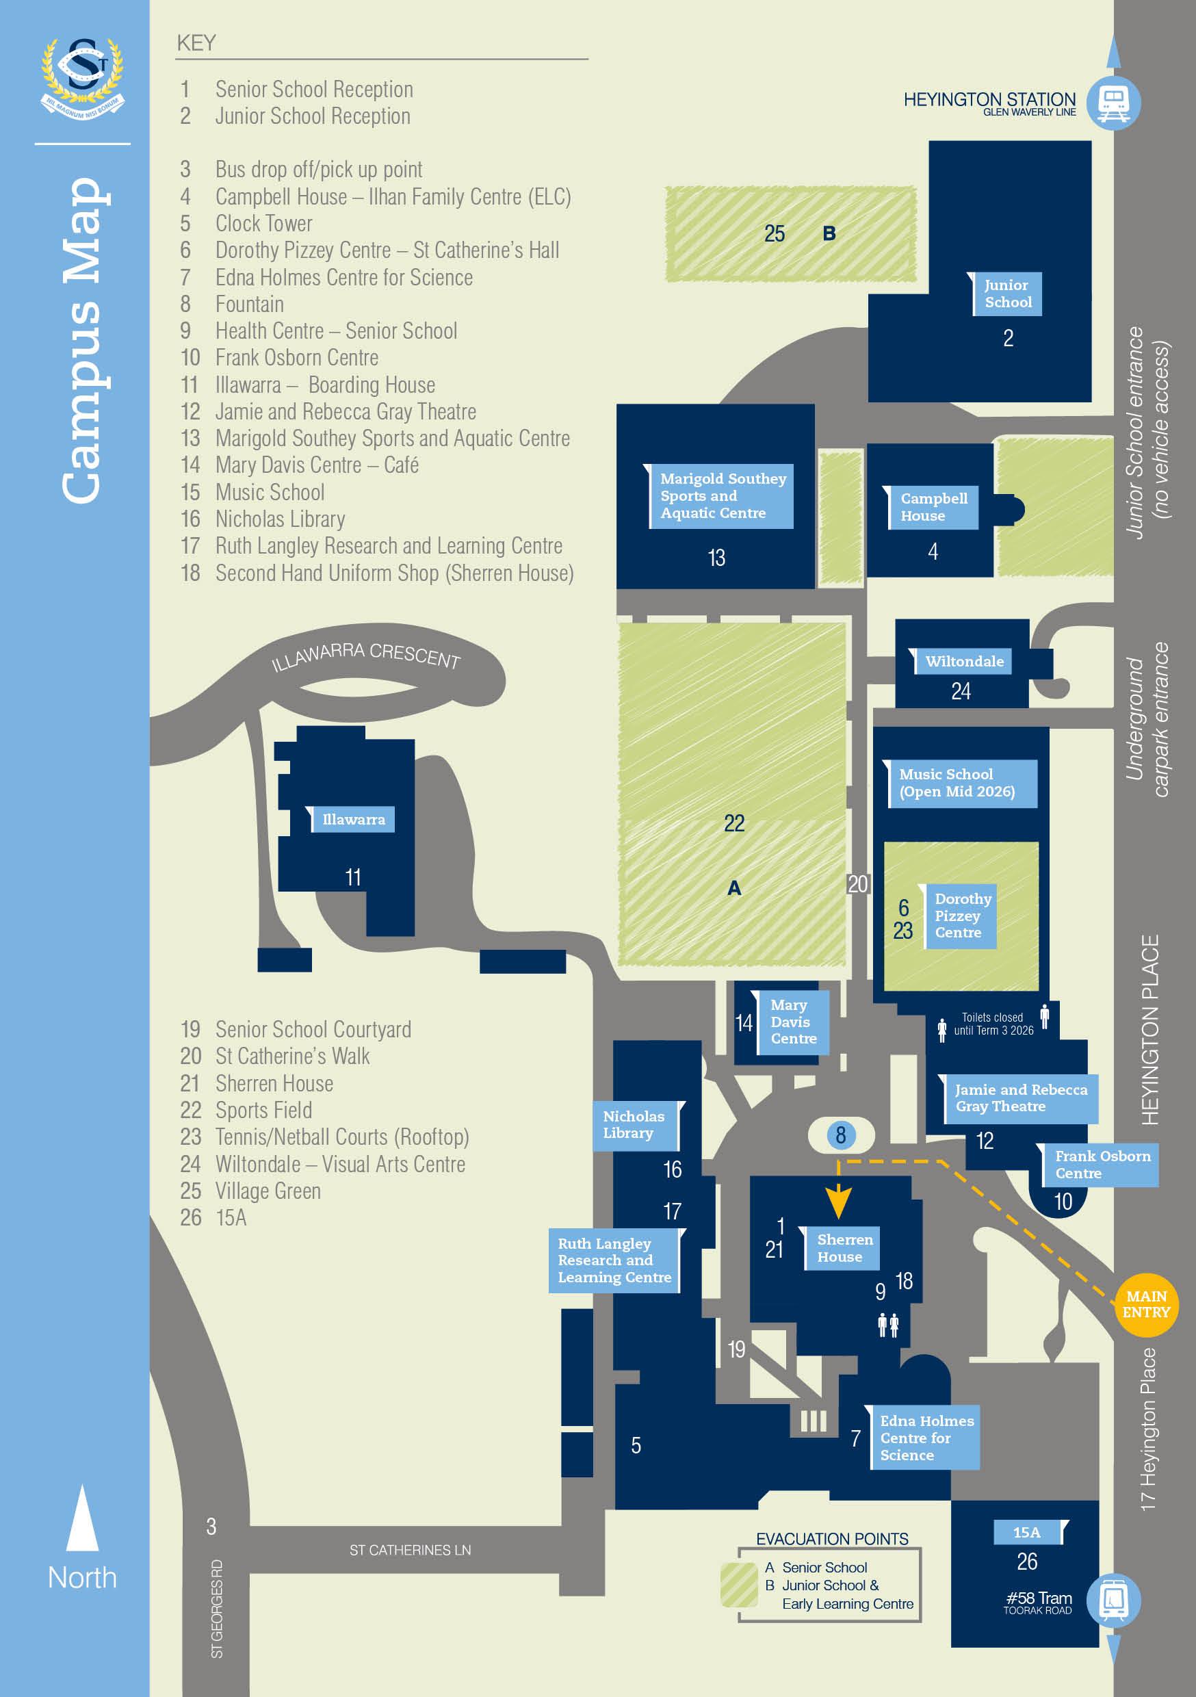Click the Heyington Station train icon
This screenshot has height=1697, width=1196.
click(x=1113, y=103)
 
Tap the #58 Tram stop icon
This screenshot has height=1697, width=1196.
click(x=1113, y=1601)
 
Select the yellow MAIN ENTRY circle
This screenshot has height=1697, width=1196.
click(x=1146, y=1304)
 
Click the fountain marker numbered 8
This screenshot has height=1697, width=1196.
click(x=840, y=1135)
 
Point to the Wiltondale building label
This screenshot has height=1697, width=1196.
click(x=964, y=662)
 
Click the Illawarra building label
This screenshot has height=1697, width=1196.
click(x=352, y=819)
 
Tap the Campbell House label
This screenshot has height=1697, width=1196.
click(x=933, y=507)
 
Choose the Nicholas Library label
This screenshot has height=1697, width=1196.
click(x=634, y=1124)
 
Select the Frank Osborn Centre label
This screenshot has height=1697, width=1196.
click(x=1102, y=1164)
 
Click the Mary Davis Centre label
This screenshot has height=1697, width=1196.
click(x=792, y=1022)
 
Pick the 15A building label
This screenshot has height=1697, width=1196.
click(x=1027, y=1532)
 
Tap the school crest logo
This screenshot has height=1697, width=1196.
click(x=83, y=77)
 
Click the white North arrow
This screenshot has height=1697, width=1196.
click(x=82, y=1518)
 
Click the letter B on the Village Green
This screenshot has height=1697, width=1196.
click(x=829, y=233)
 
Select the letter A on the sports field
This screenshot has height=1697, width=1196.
click(x=733, y=888)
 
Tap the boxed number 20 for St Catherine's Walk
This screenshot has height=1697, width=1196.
click(x=857, y=884)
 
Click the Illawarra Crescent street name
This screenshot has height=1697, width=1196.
click(x=365, y=656)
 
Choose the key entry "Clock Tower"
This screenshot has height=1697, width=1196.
click(x=263, y=223)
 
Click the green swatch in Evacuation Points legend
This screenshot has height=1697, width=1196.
click(x=738, y=1585)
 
